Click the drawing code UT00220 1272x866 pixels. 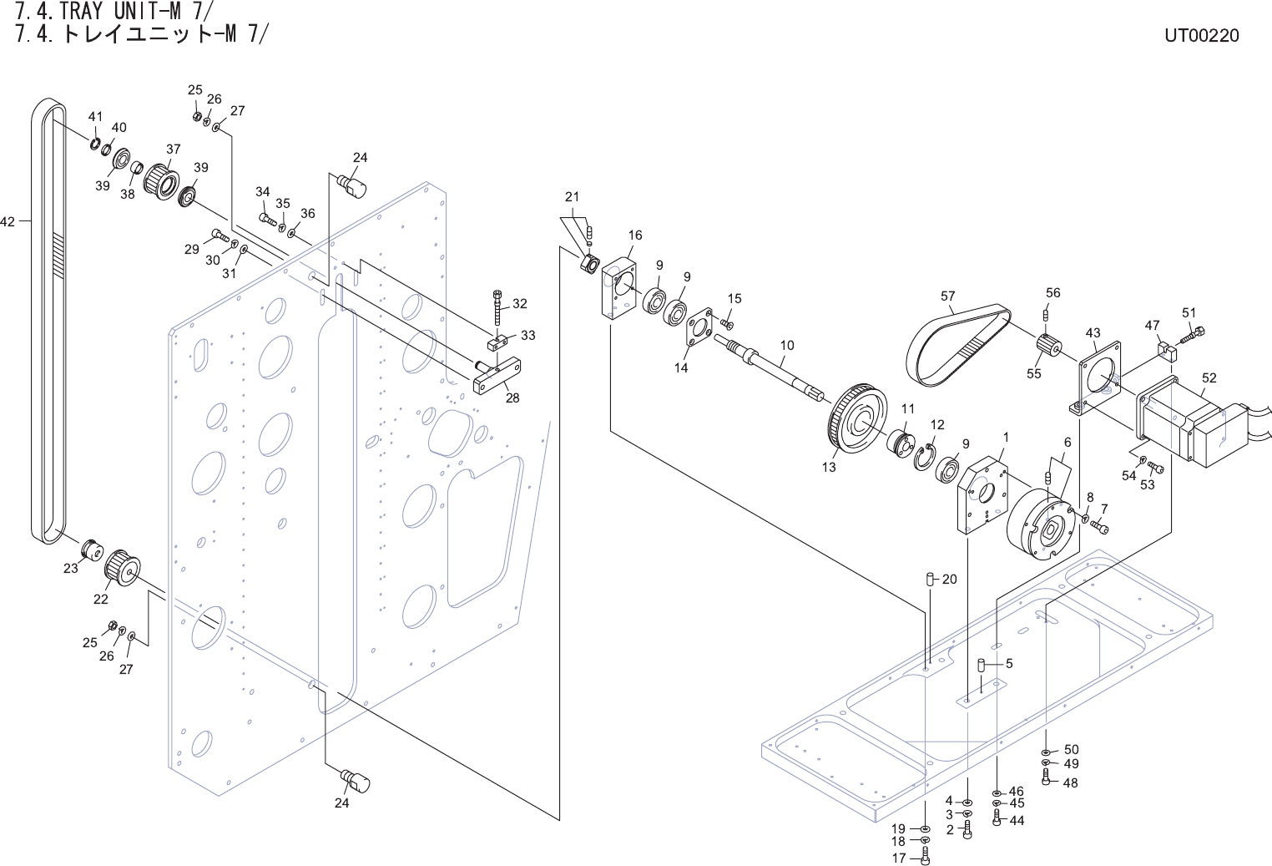1202,35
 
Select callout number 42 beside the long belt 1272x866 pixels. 8,221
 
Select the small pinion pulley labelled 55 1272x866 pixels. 1047,345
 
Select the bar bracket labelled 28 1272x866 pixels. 497,377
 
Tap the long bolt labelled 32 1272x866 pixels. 497,308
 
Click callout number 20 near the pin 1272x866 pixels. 949,579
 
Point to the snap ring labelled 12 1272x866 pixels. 923,457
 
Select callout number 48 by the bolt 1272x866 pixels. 1070,782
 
